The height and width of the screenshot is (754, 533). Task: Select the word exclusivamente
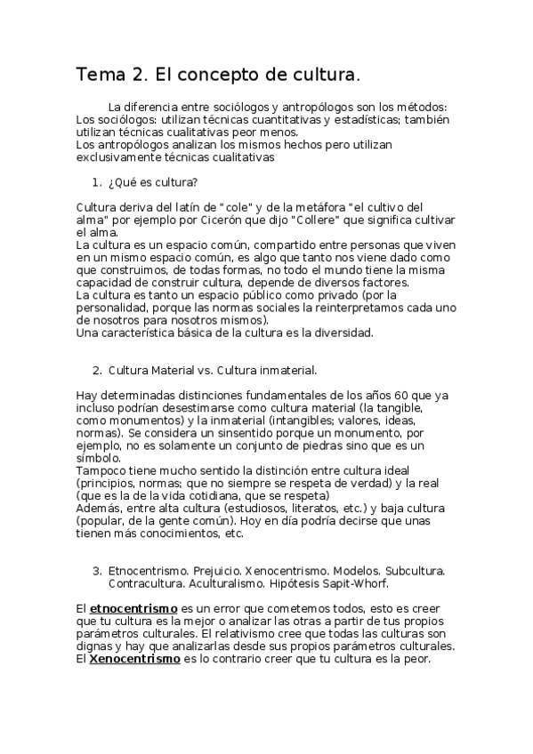116,157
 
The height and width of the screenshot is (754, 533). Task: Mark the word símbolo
96,457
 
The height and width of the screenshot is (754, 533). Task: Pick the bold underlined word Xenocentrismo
134,659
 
